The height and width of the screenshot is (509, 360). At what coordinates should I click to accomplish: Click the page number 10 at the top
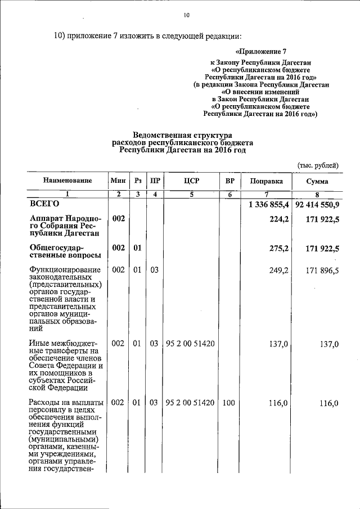coord(186,15)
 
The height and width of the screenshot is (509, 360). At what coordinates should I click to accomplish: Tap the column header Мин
coord(118,181)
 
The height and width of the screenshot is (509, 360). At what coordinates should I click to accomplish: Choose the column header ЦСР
coord(192,181)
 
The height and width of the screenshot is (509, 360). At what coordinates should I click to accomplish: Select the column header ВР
coord(229,181)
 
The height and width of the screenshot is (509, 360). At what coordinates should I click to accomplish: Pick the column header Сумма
coord(318,181)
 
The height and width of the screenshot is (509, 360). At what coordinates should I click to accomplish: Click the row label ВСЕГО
coord(44,205)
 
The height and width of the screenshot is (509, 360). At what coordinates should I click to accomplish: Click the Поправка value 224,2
coord(279,218)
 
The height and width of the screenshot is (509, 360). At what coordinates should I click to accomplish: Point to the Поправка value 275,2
coord(279,247)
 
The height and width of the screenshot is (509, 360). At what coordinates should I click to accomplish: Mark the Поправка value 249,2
coord(279,271)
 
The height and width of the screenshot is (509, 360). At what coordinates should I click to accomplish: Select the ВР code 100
coord(229,403)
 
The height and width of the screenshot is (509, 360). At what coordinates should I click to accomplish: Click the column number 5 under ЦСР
coord(192,195)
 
